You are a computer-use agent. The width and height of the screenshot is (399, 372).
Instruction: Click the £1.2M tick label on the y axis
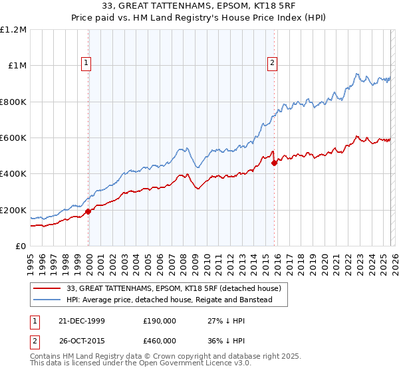13,30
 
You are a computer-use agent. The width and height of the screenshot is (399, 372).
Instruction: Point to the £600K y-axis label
13,138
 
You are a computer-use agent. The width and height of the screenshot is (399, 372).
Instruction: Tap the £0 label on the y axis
21,246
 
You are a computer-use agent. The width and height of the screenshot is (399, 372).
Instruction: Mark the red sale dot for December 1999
88,212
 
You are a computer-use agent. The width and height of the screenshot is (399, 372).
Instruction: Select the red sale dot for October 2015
275,163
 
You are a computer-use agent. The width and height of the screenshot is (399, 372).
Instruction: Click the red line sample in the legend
48,288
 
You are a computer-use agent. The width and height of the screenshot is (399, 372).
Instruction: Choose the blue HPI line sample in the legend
48,300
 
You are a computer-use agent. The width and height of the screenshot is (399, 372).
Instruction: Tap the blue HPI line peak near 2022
357,74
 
